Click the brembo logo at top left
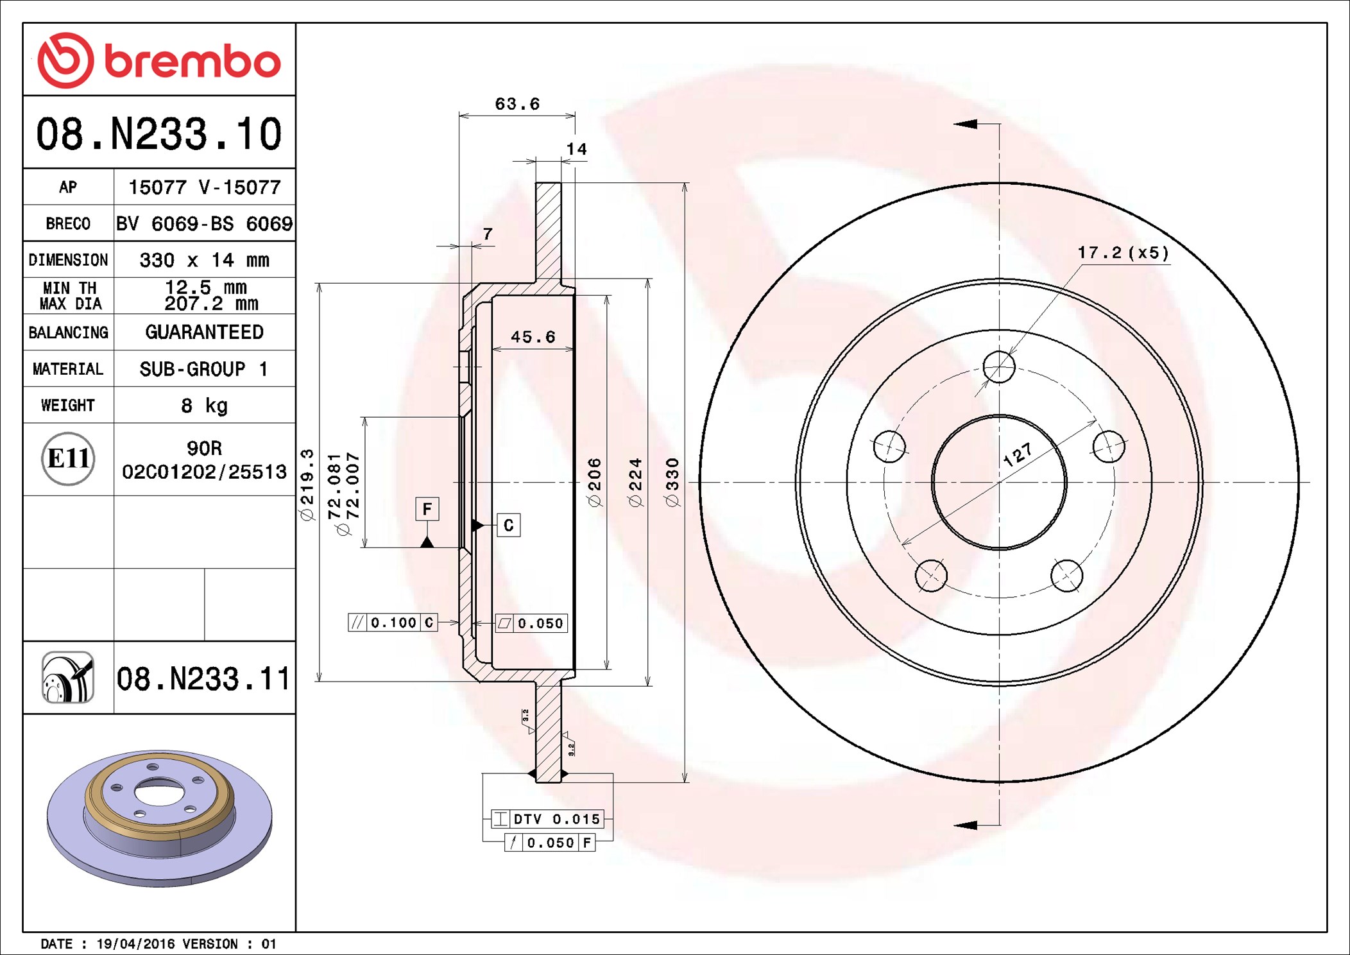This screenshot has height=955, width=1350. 159,60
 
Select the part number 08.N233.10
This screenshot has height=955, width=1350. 159,133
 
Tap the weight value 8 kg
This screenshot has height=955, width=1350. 204,406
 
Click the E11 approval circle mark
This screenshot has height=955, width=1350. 68,458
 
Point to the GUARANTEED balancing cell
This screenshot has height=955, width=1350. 204,332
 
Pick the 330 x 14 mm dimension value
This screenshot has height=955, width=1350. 204,260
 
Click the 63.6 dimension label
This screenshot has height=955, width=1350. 517,104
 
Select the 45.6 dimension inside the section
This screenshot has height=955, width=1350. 533,337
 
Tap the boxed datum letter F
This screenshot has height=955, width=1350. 427,509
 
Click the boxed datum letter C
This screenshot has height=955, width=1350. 509,525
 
